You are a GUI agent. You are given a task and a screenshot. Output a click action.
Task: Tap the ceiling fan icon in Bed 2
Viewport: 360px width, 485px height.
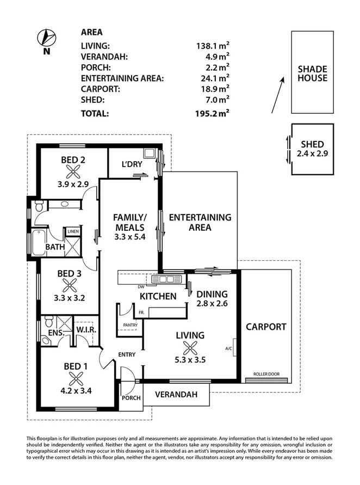(73, 171)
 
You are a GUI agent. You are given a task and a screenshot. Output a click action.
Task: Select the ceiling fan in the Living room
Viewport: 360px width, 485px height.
(190, 347)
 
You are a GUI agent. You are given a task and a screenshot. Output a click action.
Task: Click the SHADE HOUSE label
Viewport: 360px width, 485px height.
(312, 73)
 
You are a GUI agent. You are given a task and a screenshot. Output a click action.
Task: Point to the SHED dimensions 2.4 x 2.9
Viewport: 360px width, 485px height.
(312, 154)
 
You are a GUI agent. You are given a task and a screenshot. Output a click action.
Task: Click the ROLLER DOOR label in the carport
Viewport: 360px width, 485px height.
(266, 374)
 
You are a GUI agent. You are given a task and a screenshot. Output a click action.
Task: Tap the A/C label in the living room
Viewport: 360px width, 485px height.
(228, 348)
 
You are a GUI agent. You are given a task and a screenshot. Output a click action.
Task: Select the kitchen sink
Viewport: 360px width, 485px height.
(167, 279)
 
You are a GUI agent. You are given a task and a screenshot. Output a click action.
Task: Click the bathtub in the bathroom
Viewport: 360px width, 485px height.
(39, 243)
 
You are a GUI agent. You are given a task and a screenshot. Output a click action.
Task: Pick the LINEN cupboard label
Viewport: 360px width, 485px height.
(73, 231)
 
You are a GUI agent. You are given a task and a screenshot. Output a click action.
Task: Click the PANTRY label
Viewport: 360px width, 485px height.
(130, 325)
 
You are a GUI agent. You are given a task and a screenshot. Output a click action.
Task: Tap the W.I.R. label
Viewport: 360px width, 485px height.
(86, 330)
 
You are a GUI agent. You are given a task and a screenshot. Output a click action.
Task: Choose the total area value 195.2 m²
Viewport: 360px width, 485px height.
(212, 114)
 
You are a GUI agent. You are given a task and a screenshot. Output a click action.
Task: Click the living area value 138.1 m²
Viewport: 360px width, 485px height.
(213, 46)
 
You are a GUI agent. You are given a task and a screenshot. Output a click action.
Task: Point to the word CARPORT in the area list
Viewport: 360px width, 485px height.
(101, 89)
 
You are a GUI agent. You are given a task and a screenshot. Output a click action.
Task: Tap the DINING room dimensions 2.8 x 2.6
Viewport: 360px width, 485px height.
(212, 303)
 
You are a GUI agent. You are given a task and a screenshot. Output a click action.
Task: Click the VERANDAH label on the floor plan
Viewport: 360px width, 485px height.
(176, 395)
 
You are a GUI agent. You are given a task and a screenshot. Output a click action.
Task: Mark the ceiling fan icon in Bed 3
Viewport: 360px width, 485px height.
(70, 285)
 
